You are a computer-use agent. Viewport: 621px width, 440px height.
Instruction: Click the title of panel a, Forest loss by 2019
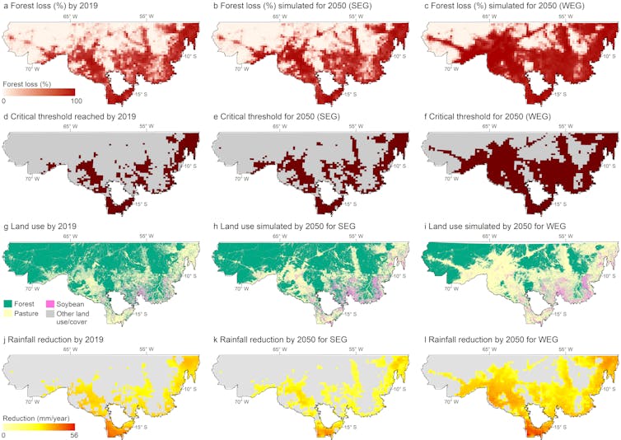[56, 7]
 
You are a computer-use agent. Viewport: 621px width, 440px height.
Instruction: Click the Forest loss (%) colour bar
[40, 92]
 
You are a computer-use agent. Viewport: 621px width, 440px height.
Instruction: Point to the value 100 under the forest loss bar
[75, 101]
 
